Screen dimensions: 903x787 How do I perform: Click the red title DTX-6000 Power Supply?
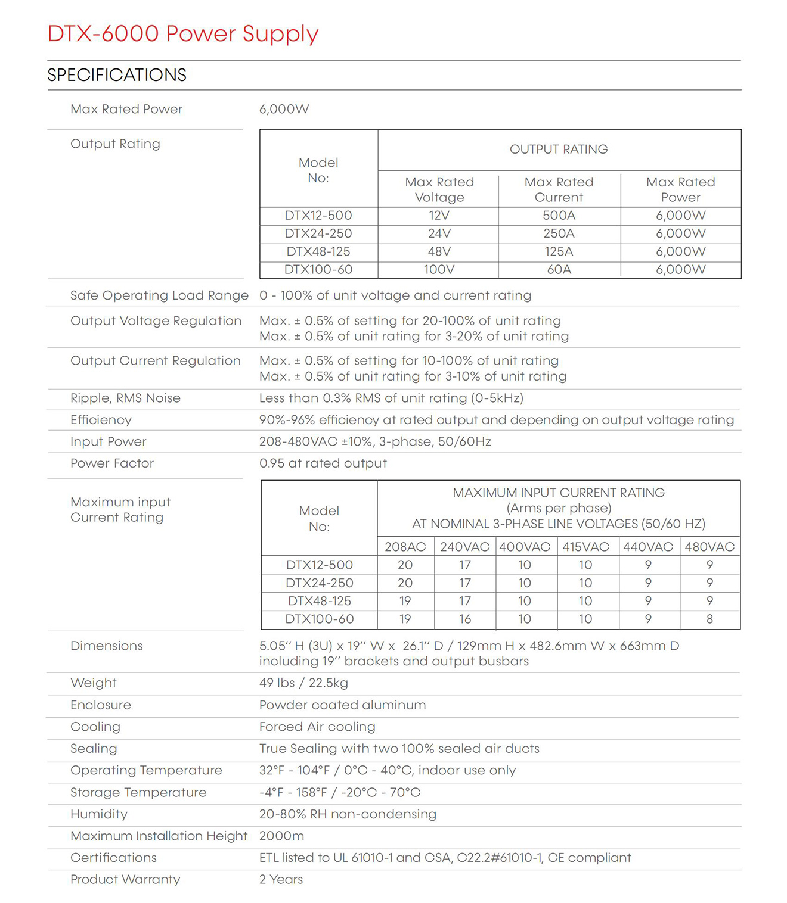pyautogui.click(x=182, y=33)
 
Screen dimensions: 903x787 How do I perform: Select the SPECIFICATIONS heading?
pyautogui.click(x=117, y=75)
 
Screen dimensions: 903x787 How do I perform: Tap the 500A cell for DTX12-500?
pyautogui.click(x=559, y=216)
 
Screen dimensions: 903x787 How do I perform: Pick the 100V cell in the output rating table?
pyautogui.click(x=439, y=270)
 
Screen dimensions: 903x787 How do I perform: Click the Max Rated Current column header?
pyautogui.click(x=559, y=189)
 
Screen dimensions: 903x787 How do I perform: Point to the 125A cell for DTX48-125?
pyautogui.click(x=559, y=252)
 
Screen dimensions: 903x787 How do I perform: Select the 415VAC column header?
pyautogui.click(x=585, y=547)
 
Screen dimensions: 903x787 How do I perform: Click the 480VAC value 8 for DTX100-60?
pyautogui.click(x=709, y=619)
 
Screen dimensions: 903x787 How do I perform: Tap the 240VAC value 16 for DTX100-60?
pyautogui.click(x=465, y=619)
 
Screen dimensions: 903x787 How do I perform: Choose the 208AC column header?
pyautogui.click(x=405, y=547)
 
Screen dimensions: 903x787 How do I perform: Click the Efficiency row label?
pyautogui.click(x=101, y=420)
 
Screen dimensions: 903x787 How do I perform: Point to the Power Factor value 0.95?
pyautogui.click(x=323, y=463)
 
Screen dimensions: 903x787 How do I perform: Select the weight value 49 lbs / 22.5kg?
pyautogui.click(x=303, y=683)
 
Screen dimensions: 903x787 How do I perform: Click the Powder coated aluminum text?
pyautogui.click(x=342, y=705)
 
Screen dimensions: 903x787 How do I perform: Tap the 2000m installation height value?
pyautogui.click(x=281, y=836)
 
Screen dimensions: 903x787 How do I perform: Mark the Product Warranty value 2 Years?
pyautogui.click(x=281, y=880)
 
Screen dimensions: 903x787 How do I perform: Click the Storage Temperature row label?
pyautogui.click(x=138, y=793)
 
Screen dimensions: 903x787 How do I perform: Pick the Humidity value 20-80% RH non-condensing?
pyautogui.click(x=348, y=814)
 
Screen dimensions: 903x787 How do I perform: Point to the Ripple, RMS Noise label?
pyautogui.click(x=125, y=398)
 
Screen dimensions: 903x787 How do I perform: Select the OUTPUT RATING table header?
pyautogui.click(x=559, y=150)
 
